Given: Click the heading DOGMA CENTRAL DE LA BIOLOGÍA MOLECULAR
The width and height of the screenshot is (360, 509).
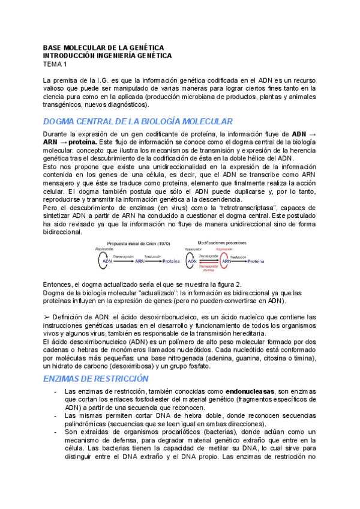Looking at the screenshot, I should coord(138,121).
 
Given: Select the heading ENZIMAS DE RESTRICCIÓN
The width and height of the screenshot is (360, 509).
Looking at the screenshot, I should coord(95,379).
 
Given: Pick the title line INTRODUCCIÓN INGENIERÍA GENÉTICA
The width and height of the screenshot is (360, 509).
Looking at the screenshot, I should coord(107,55).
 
